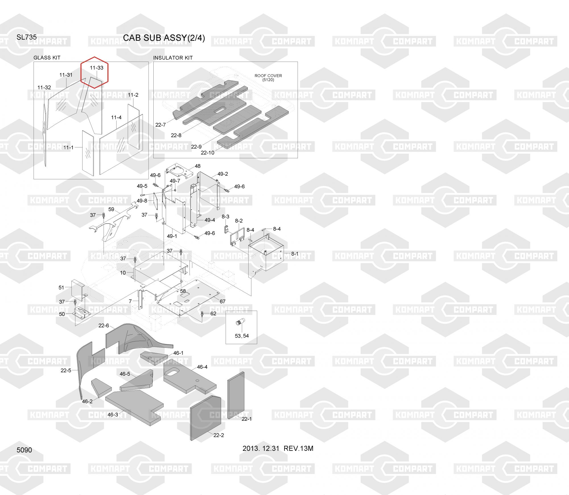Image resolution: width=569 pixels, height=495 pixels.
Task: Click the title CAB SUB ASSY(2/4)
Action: click(164, 38)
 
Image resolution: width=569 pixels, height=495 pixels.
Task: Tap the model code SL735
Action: click(26, 37)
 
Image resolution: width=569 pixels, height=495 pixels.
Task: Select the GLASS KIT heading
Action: click(47, 58)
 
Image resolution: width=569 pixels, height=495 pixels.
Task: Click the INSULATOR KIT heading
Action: click(173, 58)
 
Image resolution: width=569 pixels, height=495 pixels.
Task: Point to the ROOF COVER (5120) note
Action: click(268, 77)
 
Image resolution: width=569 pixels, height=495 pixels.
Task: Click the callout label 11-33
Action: click(96, 68)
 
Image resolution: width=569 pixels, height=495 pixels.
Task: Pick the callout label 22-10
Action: click(207, 153)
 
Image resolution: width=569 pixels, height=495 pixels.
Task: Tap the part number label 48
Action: click(197, 166)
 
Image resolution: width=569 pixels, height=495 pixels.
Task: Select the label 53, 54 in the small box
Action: click(242, 336)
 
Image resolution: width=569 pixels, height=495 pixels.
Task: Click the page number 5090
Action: click(24, 450)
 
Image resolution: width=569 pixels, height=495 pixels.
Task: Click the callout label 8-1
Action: click(295, 254)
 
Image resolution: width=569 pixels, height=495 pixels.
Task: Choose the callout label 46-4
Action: click(202, 367)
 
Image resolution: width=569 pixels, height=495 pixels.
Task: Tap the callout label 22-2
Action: click(218, 435)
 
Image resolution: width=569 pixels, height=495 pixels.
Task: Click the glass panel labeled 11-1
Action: click(88, 153)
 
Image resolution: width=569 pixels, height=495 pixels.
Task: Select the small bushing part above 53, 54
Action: click(238, 323)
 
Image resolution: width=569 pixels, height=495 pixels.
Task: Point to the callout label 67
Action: click(222, 301)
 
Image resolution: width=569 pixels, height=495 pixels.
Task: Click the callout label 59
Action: click(111, 209)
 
